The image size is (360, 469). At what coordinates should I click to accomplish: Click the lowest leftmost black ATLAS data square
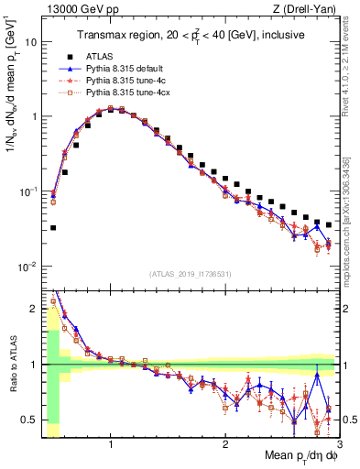coord(53,227)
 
